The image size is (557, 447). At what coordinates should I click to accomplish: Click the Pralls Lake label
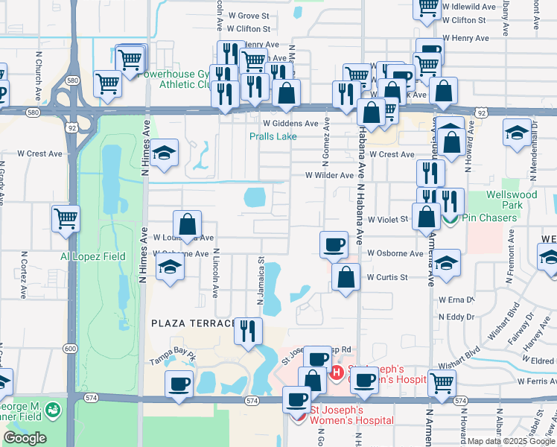coord(273,136)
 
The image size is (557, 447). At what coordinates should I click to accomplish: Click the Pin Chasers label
coord(488,218)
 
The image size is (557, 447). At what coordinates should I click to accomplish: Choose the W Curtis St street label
coord(387,277)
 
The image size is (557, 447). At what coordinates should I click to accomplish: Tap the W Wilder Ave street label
coord(329,175)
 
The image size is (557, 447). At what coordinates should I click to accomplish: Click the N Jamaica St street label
coord(261,282)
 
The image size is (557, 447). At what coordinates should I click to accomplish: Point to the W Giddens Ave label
coord(290,123)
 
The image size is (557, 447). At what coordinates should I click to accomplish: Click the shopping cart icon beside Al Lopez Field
coord(66,218)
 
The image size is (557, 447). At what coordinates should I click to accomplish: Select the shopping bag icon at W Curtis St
coord(346,277)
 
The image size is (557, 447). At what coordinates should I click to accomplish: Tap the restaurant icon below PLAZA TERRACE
coord(248,330)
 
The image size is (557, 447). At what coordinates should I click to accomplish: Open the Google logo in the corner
coord(25,438)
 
